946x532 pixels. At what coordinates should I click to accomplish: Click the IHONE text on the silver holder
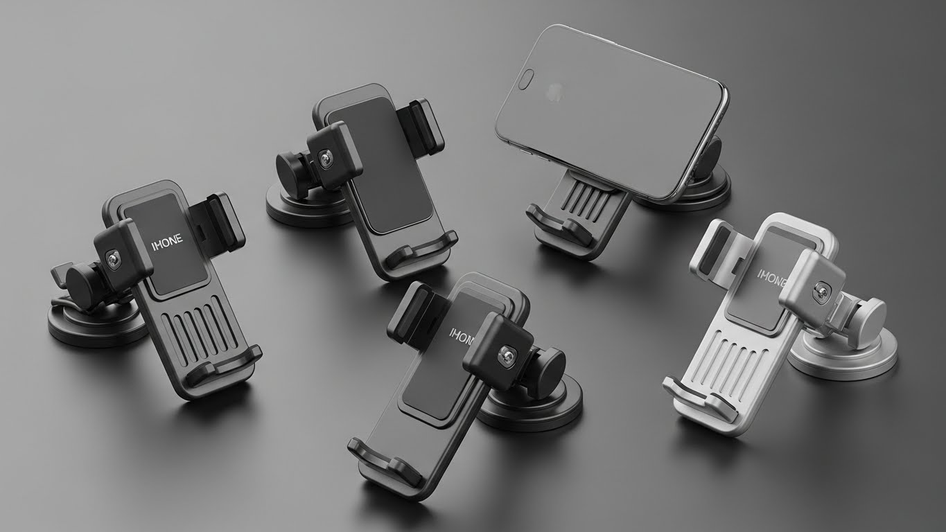point(772,278)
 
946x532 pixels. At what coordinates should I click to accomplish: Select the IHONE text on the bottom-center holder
point(461,334)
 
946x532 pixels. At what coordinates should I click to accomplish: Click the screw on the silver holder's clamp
point(823,290)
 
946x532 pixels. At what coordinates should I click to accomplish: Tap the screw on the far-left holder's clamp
point(111,258)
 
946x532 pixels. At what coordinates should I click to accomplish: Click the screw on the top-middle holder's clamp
point(325,159)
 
